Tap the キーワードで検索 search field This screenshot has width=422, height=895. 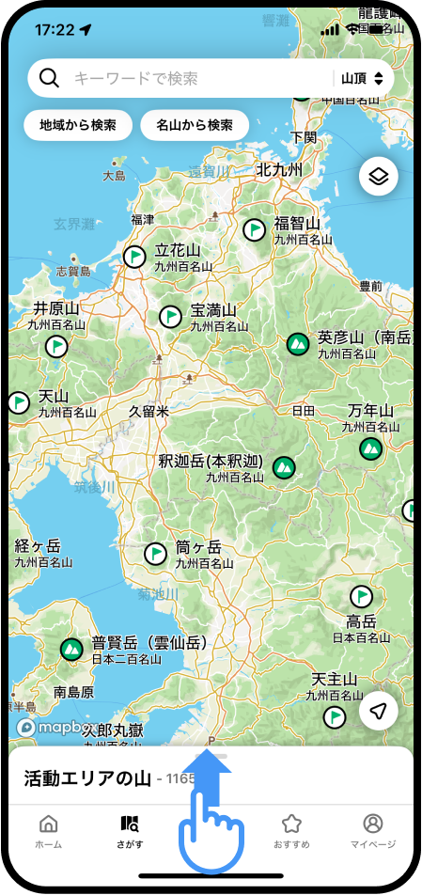[188, 79]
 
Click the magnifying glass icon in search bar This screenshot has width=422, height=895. [50, 79]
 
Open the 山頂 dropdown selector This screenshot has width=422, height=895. [362, 79]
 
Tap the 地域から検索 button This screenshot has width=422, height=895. [78, 125]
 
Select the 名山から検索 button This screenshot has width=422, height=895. [195, 125]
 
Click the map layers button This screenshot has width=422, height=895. [378, 177]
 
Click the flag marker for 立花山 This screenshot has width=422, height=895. [135, 256]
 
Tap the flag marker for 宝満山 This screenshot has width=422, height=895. [170, 316]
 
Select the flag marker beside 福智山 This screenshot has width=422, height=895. [254, 228]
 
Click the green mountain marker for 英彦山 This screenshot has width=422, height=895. [298, 344]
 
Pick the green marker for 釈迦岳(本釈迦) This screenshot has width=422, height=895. [283, 466]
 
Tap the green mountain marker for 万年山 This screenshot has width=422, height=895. [370, 449]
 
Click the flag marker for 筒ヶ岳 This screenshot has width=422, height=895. [156, 554]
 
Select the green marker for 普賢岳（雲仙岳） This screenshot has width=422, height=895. [70, 649]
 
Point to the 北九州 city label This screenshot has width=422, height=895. [279, 170]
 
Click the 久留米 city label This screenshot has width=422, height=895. [148, 411]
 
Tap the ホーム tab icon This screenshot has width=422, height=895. [48, 824]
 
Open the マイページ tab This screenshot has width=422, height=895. [372, 824]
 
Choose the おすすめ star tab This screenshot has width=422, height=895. [291, 824]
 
